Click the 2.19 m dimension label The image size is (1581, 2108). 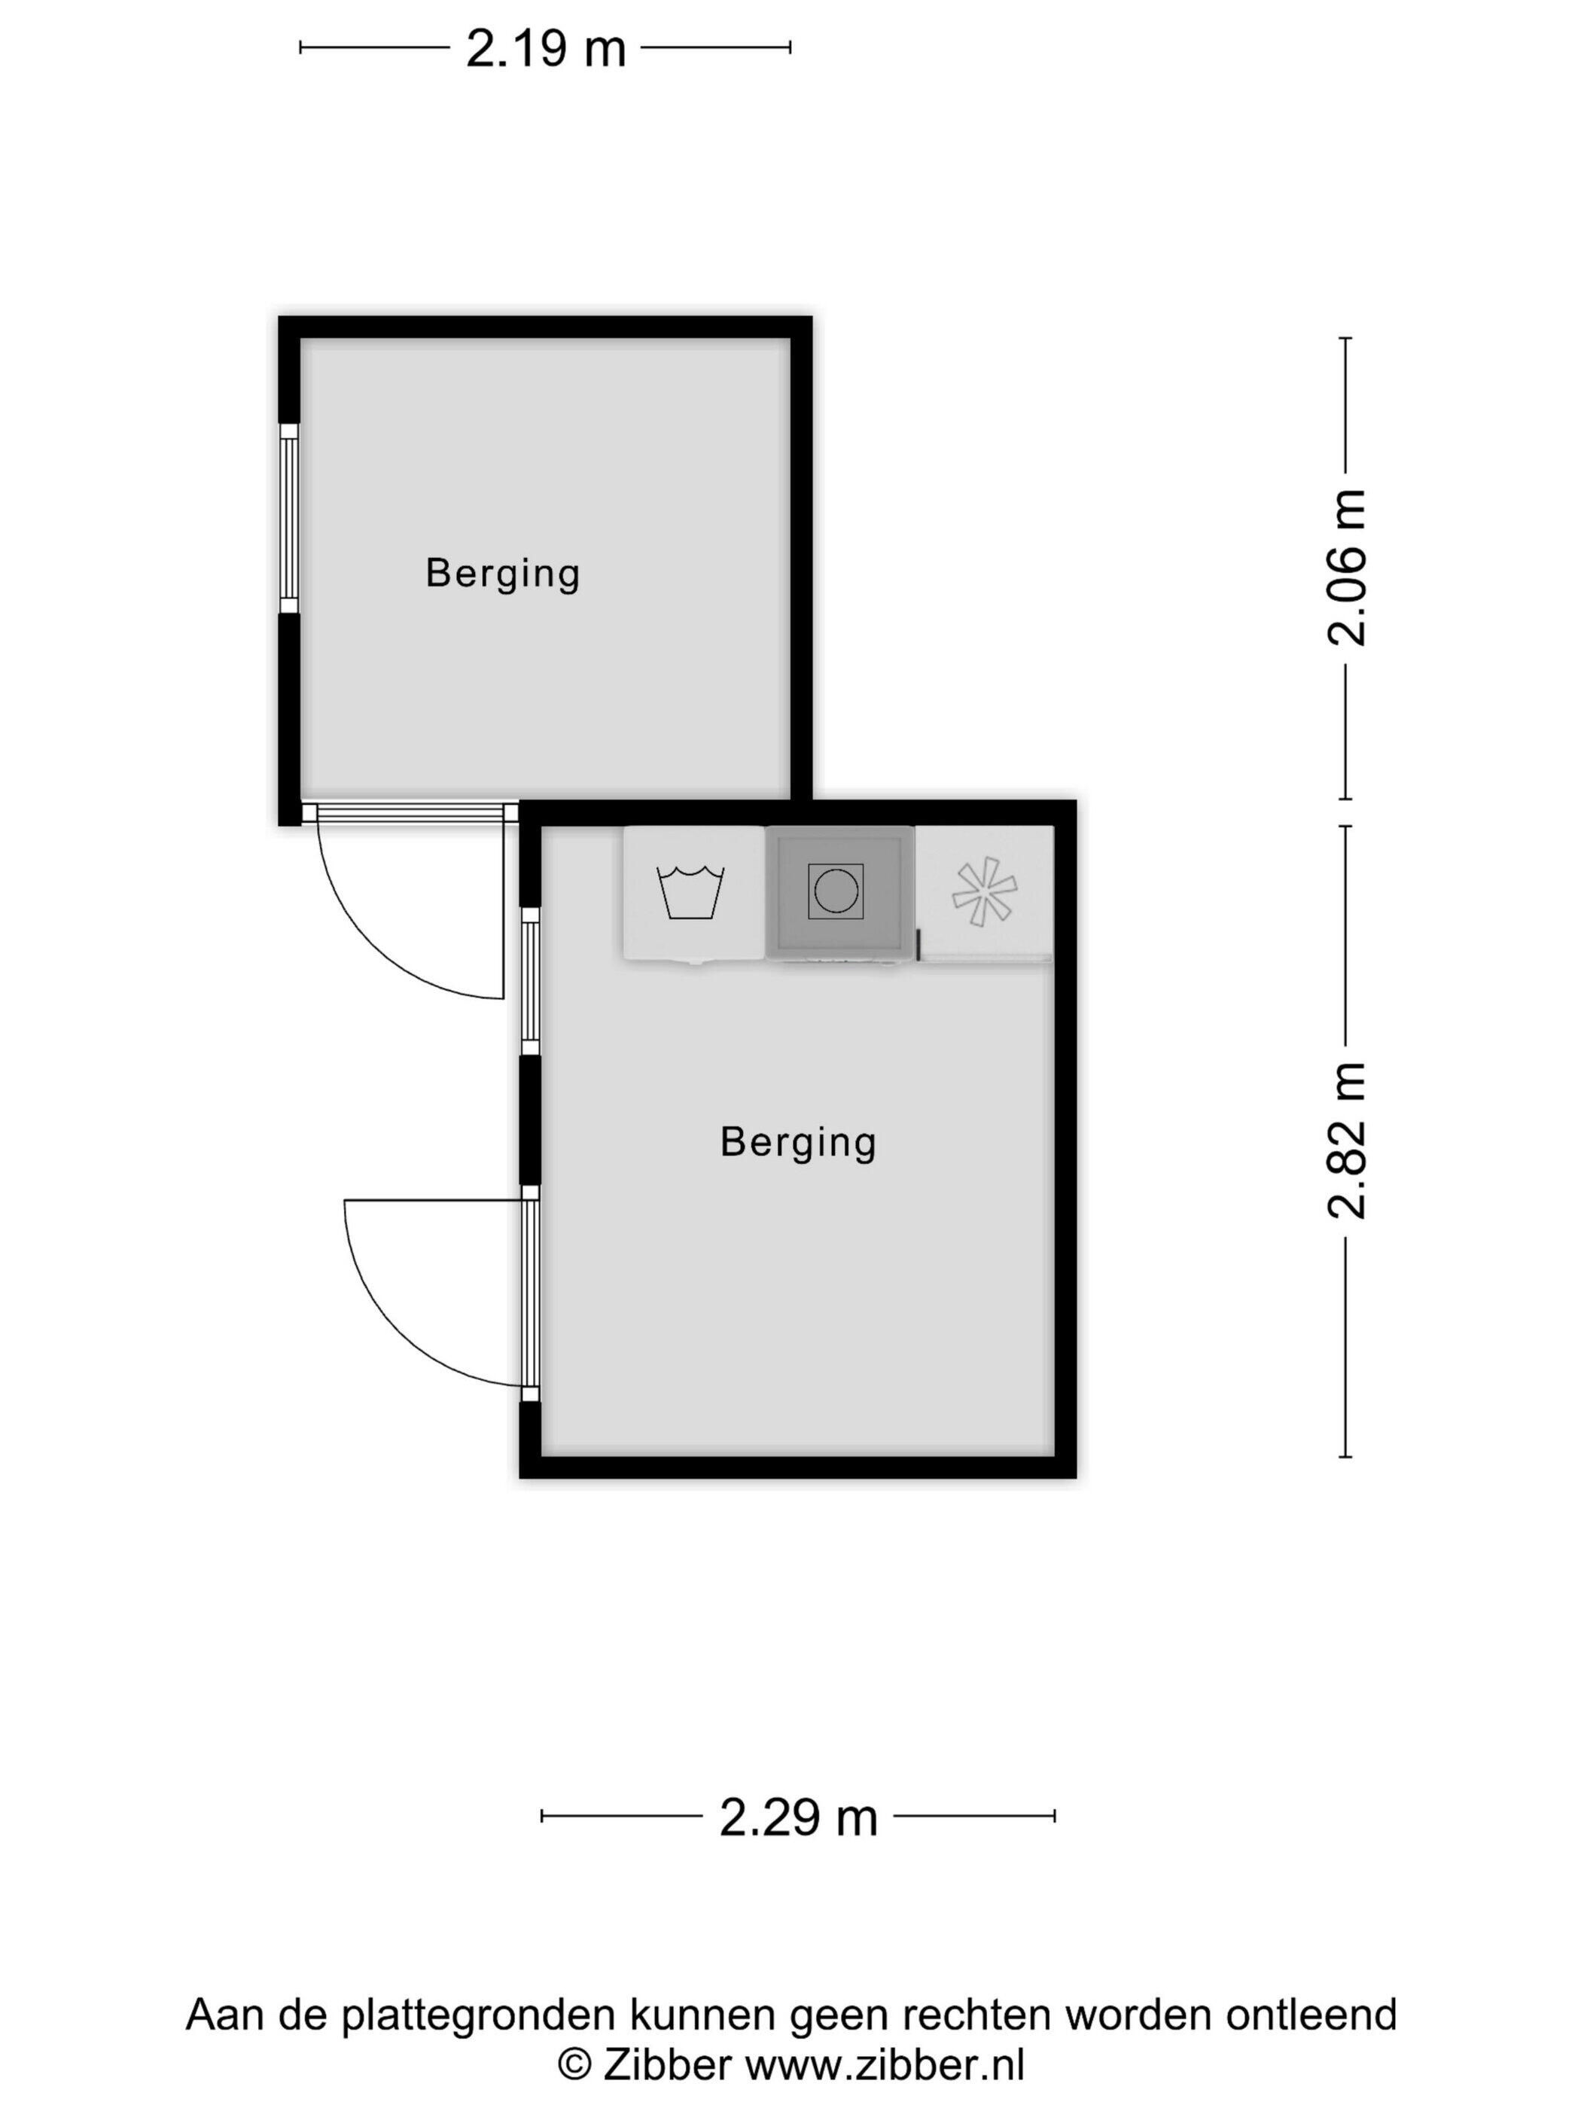click(x=545, y=47)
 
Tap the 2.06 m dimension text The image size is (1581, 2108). click(x=1347, y=568)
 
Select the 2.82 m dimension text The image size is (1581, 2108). click(x=1347, y=1140)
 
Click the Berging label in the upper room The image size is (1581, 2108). click(x=502, y=574)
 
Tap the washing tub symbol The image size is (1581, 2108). click(x=691, y=892)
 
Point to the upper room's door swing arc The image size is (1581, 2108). click(x=372, y=943)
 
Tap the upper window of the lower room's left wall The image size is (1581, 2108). click(x=530, y=981)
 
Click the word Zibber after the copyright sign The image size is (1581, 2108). click(x=667, y=2065)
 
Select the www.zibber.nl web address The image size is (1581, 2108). click(x=885, y=2065)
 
